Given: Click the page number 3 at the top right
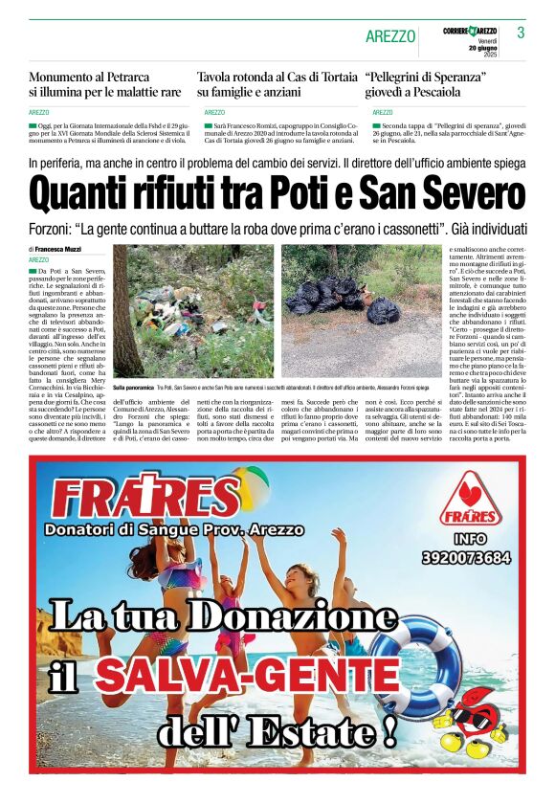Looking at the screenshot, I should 521,33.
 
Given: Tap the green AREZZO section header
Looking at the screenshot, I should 390,36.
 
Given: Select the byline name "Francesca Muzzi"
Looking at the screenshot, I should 57,249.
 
